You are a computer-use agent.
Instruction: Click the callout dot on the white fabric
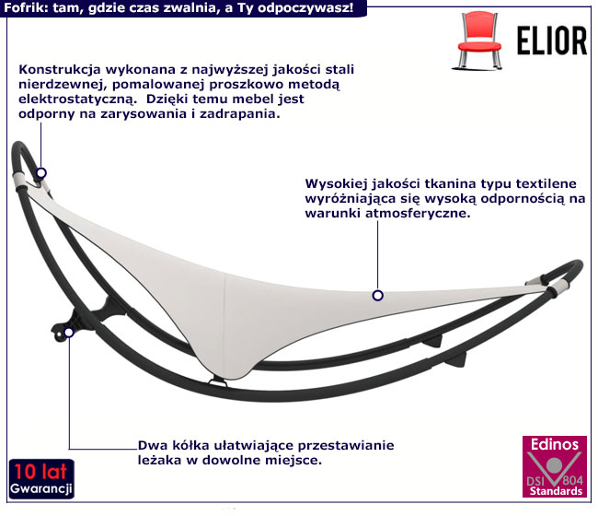pos(377,296)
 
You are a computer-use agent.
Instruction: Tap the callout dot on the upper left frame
pos(40,172)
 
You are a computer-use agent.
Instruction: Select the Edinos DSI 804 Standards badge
pos(554,467)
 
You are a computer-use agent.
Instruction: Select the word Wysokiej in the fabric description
pos(338,182)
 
